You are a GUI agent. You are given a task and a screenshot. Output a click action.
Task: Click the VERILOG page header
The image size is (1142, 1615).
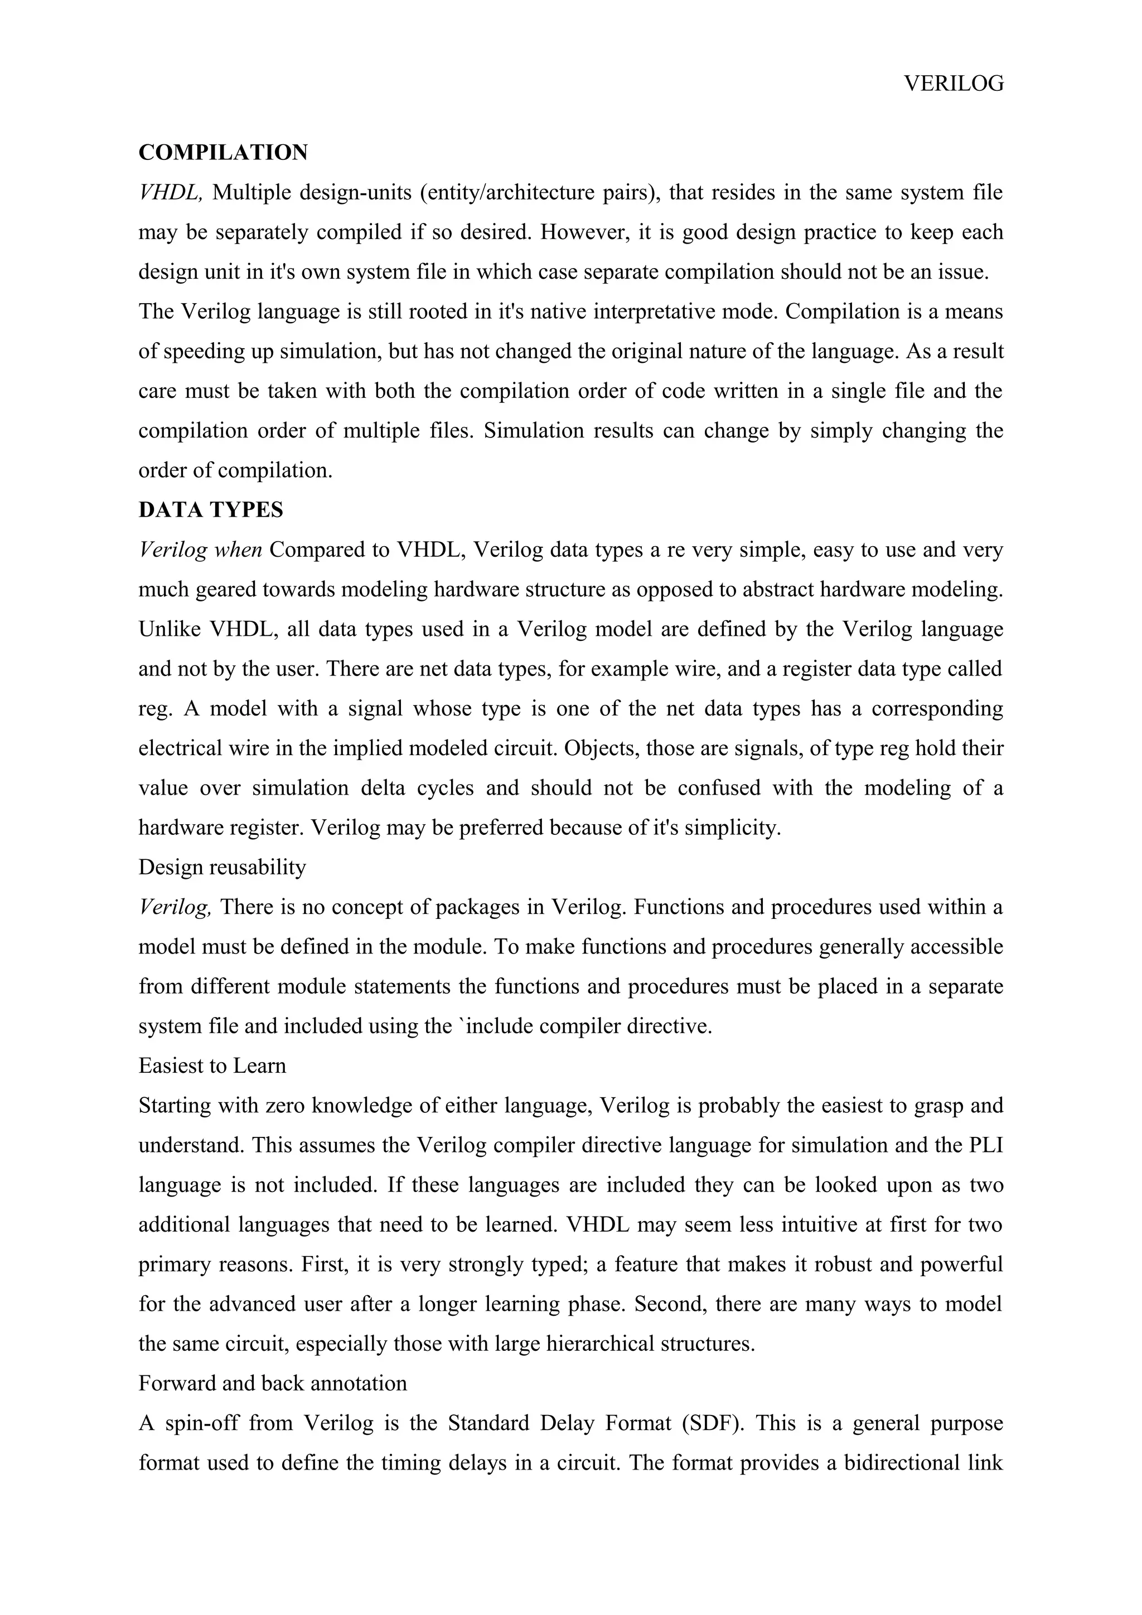(x=954, y=84)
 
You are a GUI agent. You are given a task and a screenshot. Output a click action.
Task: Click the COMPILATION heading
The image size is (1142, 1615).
(x=223, y=153)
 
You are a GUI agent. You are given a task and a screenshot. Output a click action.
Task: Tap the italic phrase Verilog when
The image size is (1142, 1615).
(x=201, y=549)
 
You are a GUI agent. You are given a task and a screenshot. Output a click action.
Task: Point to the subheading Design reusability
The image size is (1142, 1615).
(x=222, y=867)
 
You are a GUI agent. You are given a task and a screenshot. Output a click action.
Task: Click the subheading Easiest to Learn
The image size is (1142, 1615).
(x=212, y=1066)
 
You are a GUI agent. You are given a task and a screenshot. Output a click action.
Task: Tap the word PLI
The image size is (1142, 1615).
(x=985, y=1145)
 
